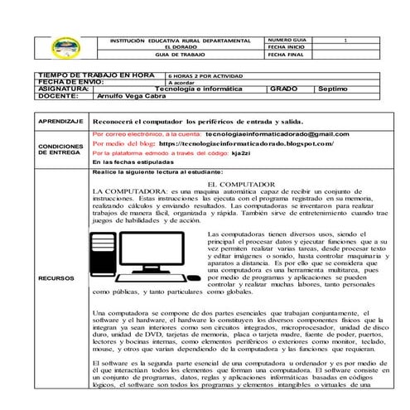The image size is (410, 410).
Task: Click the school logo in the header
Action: click(x=63, y=47)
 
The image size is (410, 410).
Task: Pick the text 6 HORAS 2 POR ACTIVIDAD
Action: click(x=202, y=75)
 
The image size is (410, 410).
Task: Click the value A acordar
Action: click(x=183, y=82)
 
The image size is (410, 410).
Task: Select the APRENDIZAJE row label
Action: click(x=60, y=121)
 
